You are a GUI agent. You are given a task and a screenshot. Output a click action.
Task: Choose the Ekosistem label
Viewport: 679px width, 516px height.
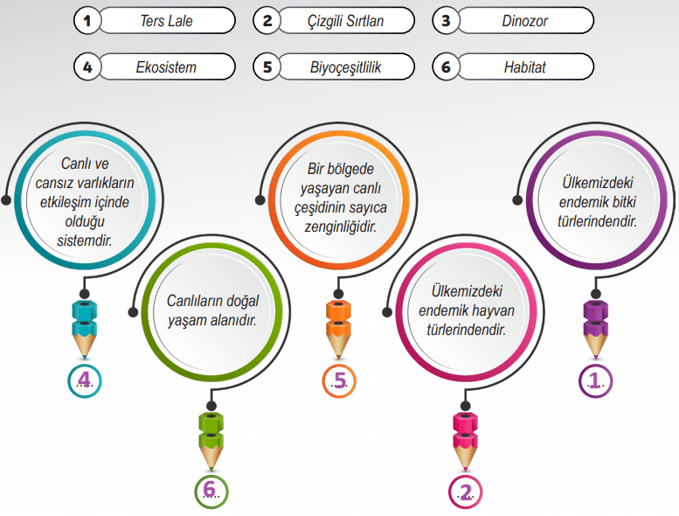(166, 66)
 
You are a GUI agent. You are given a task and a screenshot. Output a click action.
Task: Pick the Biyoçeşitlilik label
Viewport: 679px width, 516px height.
(346, 66)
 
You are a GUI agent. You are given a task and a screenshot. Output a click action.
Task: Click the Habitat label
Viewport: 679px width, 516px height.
(525, 66)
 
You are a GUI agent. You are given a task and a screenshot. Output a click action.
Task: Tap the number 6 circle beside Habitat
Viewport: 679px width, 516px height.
(446, 66)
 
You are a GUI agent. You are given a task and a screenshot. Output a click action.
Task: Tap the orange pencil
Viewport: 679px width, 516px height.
(338, 329)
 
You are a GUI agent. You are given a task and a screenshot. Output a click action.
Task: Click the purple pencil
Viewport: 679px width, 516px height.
(597, 328)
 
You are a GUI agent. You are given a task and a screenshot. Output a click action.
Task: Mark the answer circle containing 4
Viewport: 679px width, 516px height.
(85, 380)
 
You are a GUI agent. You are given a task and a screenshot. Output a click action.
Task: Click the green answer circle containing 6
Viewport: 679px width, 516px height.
(211, 492)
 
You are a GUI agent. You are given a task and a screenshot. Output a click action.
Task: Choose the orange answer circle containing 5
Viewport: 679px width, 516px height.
(339, 380)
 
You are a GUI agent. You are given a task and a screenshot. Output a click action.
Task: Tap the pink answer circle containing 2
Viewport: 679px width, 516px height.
(465, 492)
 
